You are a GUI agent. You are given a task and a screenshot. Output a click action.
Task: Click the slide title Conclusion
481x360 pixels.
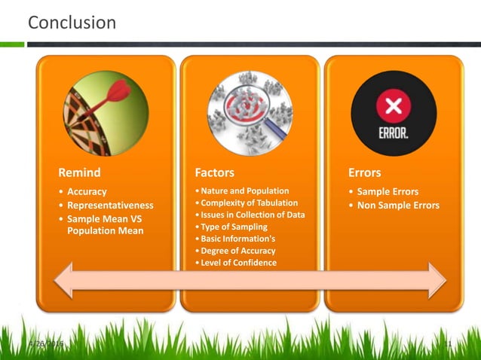[72, 23]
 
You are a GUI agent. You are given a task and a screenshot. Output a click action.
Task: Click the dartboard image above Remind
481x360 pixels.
[106, 111]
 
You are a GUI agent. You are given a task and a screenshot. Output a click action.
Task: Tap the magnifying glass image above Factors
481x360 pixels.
[250, 112]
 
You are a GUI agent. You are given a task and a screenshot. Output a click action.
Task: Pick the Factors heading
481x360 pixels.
[214, 172]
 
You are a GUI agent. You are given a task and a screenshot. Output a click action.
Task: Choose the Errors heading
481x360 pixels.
[365, 172]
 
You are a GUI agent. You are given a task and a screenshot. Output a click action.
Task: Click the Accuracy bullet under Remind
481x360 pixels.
[87, 191]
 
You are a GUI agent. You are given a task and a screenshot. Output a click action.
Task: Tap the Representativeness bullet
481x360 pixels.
[110, 205]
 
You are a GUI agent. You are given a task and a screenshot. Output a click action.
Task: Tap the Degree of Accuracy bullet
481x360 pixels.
[237, 251]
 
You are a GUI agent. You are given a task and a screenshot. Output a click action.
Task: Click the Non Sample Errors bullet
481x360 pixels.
[398, 205]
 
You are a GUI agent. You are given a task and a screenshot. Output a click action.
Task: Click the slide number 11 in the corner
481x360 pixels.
[447, 344]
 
